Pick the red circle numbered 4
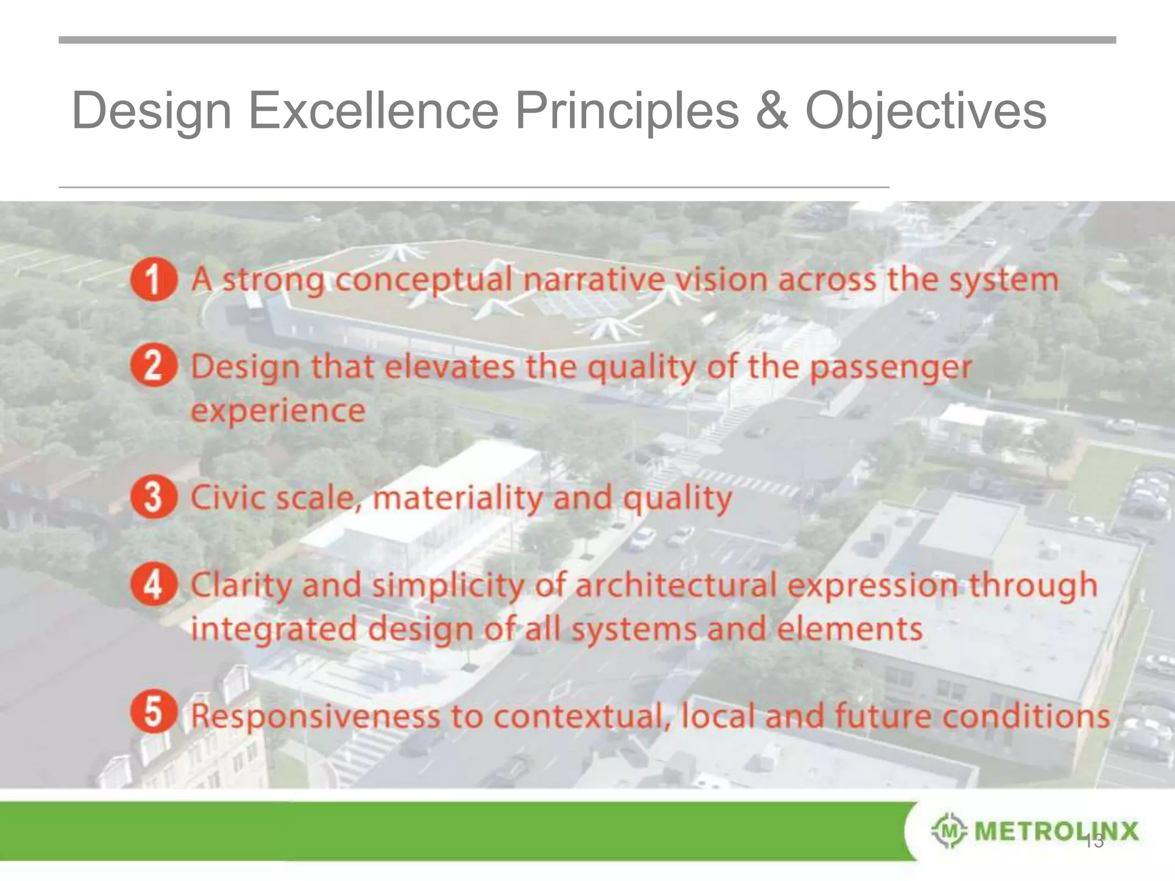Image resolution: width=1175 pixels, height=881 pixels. click(x=153, y=584)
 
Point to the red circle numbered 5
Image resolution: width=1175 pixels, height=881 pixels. click(x=153, y=712)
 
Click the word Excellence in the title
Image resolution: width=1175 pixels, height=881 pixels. click(x=373, y=111)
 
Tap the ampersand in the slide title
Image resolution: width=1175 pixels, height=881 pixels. click(x=772, y=111)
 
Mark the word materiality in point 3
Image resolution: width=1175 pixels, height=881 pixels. click(x=457, y=498)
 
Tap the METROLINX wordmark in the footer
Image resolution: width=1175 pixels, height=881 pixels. click(x=1056, y=830)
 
